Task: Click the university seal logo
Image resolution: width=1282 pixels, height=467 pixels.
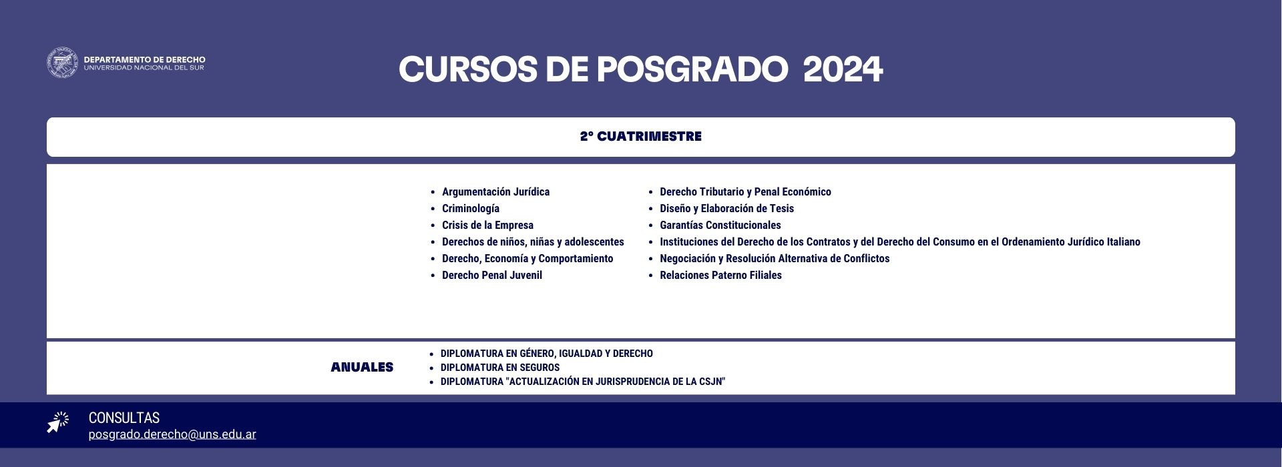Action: click(63, 63)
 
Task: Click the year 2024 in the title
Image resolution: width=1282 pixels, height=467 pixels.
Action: click(843, 69)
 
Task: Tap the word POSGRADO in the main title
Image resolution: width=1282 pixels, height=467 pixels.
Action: click(692, 69)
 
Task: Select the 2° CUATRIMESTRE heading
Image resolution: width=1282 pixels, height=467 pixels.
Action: click(641, 137)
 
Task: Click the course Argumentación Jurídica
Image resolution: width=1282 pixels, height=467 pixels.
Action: click(495, 192)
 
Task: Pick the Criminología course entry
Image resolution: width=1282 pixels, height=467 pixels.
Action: click(471, 209)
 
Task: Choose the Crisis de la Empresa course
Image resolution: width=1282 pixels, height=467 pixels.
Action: click(487, 225)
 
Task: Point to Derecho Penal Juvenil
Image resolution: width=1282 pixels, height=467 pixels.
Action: click(492, 276)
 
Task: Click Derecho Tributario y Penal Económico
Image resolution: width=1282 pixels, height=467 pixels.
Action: click(745, 192)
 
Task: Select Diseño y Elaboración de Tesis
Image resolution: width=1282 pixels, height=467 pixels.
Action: click(726, 209)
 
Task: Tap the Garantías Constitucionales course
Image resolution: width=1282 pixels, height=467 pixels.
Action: click(720, 225)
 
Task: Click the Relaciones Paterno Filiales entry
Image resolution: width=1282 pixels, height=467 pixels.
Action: click(720, 276)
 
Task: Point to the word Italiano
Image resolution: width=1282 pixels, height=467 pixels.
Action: click(1124, 242)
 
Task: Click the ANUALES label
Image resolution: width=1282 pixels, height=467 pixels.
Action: click(362, 368)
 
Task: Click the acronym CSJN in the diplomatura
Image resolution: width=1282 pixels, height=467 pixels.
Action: click(712, 382)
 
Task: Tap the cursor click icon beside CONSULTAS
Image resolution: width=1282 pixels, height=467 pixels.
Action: click(58, 423)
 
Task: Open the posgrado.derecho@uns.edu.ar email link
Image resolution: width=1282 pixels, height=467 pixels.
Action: click(172, 434)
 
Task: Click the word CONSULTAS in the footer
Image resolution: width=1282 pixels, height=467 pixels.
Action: click(124, 418)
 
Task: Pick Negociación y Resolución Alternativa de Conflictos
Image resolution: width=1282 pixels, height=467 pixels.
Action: click(775, 259)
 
